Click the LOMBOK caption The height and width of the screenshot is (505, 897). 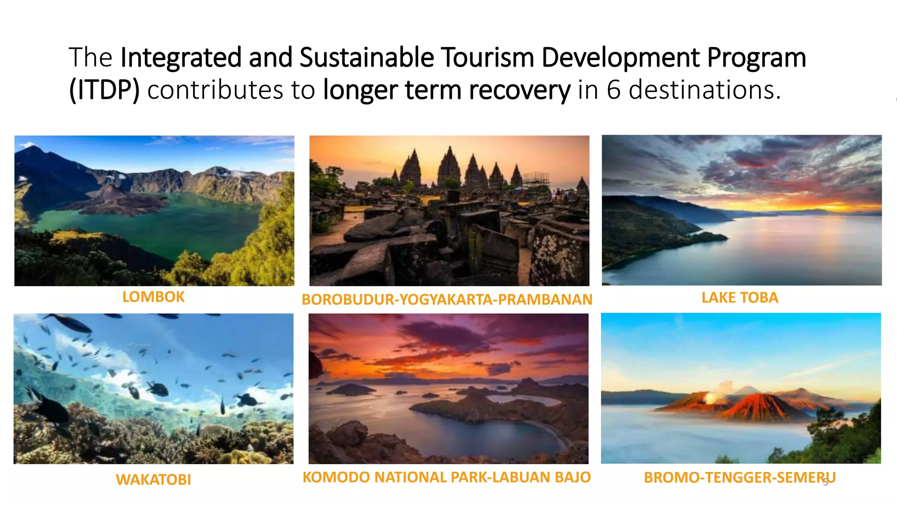pos(153,297)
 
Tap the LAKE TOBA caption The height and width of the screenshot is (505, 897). pos(740,298)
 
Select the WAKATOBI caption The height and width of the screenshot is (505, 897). pos(153,480)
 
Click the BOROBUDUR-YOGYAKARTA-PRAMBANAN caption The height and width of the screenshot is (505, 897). pos(447,299)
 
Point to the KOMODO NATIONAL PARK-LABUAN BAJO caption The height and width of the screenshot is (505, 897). pos(447,477)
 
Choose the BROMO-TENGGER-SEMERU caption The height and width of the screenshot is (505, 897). pos(739,477)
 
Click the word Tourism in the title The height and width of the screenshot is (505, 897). pos(487,57)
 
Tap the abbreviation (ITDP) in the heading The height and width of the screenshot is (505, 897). pos(104,90)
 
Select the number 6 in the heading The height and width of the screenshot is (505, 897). pos(613,90)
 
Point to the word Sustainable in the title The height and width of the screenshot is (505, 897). pos(367,57)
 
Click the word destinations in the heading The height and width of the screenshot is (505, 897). pos(705,90)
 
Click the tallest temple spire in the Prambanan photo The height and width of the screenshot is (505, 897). pos(448,164)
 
